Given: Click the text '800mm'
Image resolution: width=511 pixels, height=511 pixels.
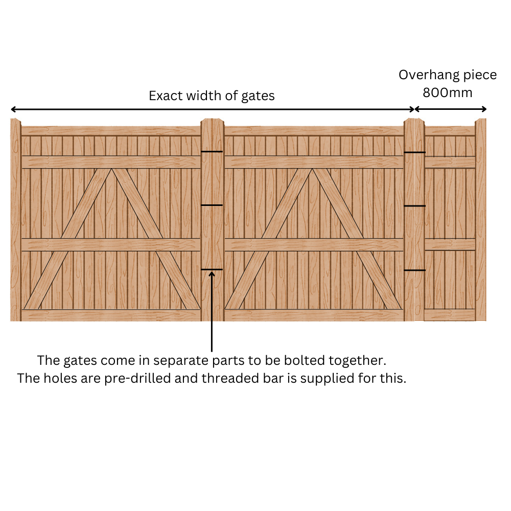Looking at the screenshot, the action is click(448, 93).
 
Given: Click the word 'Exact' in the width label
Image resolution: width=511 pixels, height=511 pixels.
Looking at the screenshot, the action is click(166, 96).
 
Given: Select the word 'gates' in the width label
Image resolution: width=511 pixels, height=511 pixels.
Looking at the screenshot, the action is click(258, 97).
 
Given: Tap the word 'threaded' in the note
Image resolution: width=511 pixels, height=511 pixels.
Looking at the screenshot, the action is click(229, 378).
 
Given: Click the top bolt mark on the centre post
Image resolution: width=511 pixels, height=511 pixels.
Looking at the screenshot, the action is click(212, 152).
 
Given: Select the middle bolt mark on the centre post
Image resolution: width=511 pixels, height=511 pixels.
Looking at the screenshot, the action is click(212, 205).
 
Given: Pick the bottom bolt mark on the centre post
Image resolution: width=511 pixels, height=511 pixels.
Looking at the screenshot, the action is click(212, 269).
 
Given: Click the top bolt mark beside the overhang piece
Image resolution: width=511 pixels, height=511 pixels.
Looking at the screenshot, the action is click(414, 152).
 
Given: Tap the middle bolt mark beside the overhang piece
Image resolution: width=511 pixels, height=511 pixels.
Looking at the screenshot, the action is click(414, 206).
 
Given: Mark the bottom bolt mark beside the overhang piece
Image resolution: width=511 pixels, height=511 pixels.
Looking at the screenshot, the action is click(414, 270).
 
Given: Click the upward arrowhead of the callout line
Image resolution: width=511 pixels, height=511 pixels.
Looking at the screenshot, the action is click(212, 274).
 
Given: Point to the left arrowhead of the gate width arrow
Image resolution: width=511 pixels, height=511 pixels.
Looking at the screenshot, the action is click(13, 109).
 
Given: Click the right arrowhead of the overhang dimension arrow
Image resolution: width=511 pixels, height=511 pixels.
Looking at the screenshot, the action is click(484, 109).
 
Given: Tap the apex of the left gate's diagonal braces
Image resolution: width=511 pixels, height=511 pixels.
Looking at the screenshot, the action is click(112, 169).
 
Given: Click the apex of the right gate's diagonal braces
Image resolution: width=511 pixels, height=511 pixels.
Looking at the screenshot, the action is click(312, 169).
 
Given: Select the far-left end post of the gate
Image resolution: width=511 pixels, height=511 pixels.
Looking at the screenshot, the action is click(16, 220).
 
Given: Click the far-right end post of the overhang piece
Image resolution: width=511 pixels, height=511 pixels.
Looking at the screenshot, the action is click(480, 220).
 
